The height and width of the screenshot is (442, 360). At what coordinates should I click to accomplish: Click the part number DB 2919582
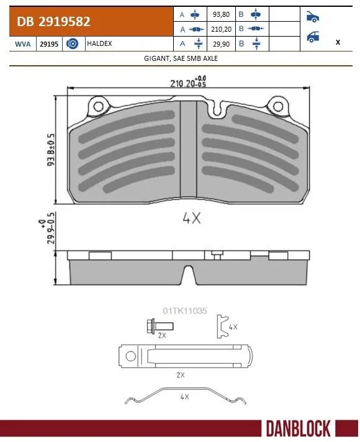click(x=55, y=22)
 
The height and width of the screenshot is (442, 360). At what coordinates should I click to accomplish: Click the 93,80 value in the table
click(x=220, y=14)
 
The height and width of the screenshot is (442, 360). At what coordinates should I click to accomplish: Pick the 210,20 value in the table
click(x=220, y=29)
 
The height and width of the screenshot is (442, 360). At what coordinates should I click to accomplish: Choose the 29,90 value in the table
click(x=220, y=44)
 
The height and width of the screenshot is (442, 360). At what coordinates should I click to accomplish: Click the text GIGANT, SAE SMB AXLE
click(x=180, y=58)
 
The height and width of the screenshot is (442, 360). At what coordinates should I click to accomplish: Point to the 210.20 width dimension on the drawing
click(x=183, y=83)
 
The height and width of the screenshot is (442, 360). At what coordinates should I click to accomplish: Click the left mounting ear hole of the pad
click(x=97, y=107)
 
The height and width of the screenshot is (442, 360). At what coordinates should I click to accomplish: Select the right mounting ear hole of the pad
click(x=272, y=107)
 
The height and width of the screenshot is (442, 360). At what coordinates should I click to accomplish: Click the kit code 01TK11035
click(x=184, y=309)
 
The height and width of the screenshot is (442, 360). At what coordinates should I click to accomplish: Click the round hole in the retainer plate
click(x=130, y=356)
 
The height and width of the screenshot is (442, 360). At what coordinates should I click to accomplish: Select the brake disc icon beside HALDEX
click(x=72, y=44)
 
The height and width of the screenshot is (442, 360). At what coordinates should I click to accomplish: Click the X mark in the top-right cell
click(x=337, y=42)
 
